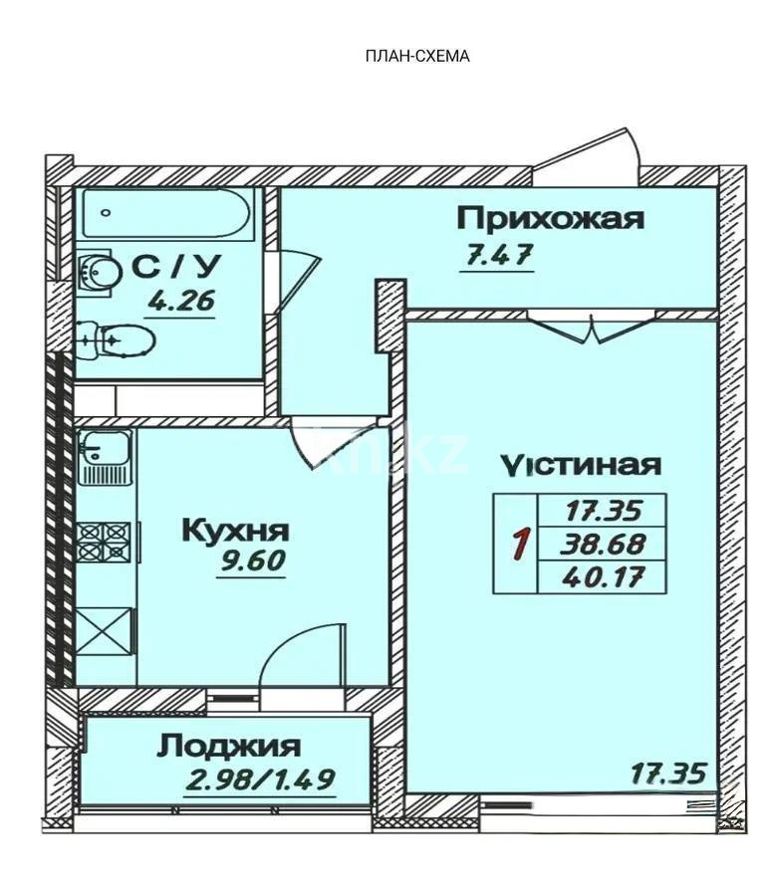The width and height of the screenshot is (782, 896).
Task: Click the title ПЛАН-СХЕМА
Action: click(417, 56)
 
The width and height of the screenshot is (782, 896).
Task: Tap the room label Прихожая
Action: click(550, 218)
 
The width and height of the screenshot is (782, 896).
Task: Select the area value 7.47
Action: click(497, 256)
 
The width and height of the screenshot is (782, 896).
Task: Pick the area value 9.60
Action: click(252, 561)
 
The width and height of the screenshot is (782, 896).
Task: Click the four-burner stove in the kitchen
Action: click(104, 540)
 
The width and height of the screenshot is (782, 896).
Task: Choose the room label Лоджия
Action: click(228, 745)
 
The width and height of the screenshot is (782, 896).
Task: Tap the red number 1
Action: click(518, 546)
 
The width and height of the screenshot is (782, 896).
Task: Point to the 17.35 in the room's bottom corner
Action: click(668, 772)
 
